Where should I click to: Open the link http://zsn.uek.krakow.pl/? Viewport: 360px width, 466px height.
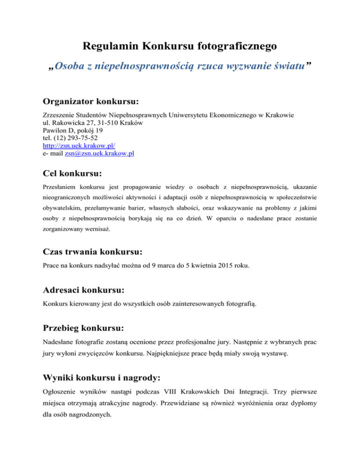tap(75, 146)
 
